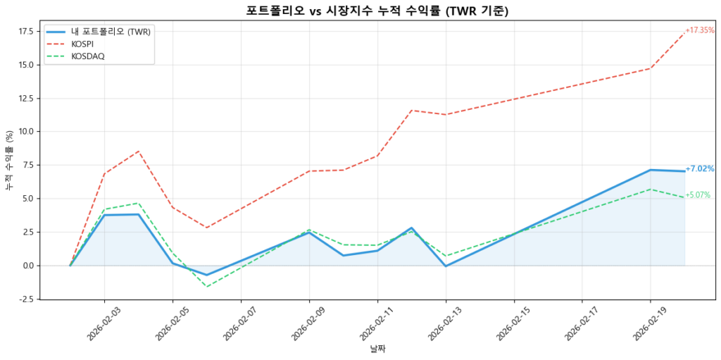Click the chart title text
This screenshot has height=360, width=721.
pyautogui.click(x=377, y=10)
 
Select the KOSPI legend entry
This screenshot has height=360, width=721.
pyautogui.click(x=83, y=44)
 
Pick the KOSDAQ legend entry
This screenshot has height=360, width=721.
pyautogui.click(x=88, y=56)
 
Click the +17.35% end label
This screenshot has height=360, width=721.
pyautogui.click(x=700, y=30)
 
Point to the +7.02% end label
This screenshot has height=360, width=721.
pyautogui.click(x=700, y=169)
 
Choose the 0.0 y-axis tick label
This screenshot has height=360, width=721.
pyautogui.click(x=28, y=266)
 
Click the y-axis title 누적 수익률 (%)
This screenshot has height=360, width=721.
pyautogui.click(x=9, y=161)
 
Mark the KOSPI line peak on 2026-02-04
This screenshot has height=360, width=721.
pyautogui.click(x=139, y=151)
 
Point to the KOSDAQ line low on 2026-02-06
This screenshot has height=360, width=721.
pyautogui.click(x=207, y=286)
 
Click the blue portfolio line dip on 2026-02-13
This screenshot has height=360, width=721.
pyautogui.click(x=446, y=266)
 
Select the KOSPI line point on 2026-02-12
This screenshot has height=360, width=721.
pyautogui.click(x=412, y=111)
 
